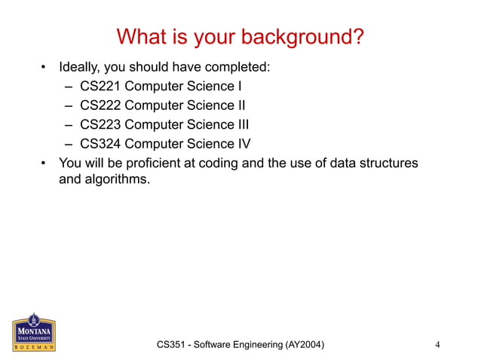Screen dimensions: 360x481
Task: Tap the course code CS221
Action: [x=100, y=87]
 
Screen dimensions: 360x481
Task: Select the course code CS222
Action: [x=100, y=105]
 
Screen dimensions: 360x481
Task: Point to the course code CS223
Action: [x=100, y=124]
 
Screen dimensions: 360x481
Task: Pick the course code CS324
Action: [x=100, y=143]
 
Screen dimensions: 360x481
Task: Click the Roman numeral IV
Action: [x=243, y=143]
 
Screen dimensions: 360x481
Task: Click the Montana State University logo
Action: [x=32, y=331]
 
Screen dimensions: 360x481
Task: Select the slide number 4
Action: [x=438, y=345]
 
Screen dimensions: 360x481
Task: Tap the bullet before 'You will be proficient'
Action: [x=44, y=163]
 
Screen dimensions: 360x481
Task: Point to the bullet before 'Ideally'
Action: [x=44, y=68]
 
